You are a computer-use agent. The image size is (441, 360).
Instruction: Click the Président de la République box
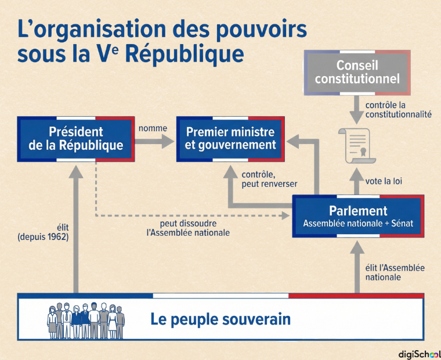point(76,139)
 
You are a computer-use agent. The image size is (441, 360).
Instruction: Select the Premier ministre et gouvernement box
point(230,139)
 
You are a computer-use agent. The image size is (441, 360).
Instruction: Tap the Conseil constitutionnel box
point(357,73)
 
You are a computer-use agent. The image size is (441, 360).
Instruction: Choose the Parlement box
point(358,216)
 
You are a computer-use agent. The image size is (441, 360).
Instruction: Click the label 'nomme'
point(153,128)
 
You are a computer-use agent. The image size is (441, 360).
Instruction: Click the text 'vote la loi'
point(384,181)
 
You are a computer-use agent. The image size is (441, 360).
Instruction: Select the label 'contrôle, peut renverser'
point(269,179)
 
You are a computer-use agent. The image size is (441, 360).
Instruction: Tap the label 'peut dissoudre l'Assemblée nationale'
point(188,228)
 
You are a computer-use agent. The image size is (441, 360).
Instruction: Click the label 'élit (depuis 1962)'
point(43,232)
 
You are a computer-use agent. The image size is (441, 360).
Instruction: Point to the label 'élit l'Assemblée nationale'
point(395,272)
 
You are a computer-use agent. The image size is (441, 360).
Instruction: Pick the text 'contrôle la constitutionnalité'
point(398,110)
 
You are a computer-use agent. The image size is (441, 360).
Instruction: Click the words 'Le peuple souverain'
point(220,319)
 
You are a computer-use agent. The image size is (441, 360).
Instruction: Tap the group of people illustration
point(86,321)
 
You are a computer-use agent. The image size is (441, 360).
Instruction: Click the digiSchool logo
point(420,354)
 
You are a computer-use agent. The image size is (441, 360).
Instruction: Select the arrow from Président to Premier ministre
point(154,141)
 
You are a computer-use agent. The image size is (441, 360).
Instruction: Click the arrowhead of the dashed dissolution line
point(285,216)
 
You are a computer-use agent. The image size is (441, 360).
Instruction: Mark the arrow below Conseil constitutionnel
point(357,110)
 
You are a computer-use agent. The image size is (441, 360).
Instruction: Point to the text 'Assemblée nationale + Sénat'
point(358,224)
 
